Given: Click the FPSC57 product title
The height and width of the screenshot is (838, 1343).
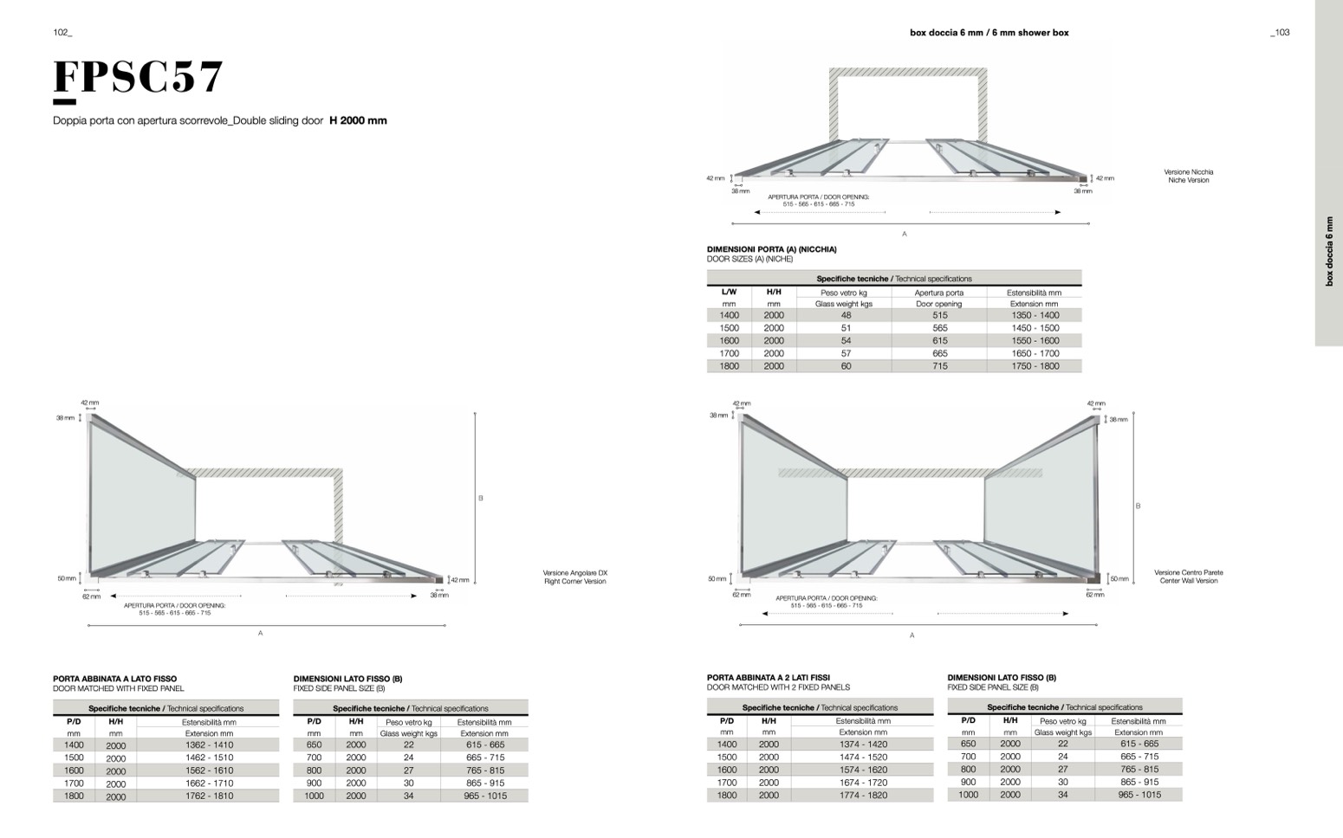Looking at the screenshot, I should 139,77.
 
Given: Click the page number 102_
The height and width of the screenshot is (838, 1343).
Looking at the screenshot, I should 62,33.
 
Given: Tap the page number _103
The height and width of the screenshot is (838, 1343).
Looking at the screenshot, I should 1280,33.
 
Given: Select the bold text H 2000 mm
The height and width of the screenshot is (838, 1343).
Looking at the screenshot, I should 358,120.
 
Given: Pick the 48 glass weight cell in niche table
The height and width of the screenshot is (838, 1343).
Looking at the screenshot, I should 846,315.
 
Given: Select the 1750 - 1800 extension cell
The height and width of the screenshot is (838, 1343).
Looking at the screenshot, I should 1035,366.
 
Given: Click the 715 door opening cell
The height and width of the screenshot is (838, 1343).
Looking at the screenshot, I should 939,366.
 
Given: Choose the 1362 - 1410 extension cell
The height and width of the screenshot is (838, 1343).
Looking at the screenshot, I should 209,745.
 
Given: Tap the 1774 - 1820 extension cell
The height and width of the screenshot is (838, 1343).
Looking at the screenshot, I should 863,795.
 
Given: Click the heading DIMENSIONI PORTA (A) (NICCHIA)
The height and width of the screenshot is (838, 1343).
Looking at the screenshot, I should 771,249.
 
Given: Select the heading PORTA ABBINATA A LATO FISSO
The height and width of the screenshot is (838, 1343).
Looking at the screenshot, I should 114,679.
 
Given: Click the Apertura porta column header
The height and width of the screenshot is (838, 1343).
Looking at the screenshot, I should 938,293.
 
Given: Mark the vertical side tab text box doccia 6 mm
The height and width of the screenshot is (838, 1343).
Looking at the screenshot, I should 1329,251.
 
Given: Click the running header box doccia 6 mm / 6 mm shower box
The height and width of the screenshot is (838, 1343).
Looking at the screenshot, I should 989,33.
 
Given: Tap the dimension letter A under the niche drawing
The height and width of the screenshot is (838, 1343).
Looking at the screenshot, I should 905,234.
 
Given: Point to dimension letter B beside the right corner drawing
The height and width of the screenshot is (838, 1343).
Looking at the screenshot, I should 481,498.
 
